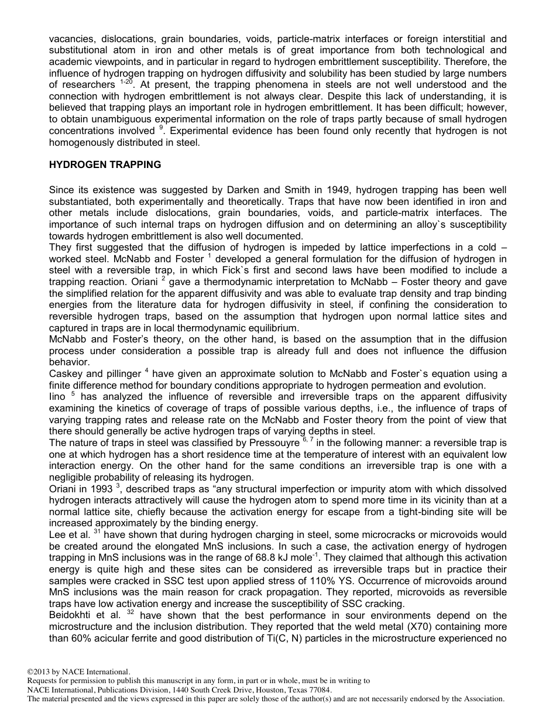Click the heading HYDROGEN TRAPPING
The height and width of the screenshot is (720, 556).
pos(105,165)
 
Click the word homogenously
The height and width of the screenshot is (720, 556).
pos(78,142)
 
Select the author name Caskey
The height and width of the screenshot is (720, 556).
pos(67,373)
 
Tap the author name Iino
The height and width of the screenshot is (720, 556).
pos(57,397)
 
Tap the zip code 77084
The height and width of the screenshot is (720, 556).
pos(318,690)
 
